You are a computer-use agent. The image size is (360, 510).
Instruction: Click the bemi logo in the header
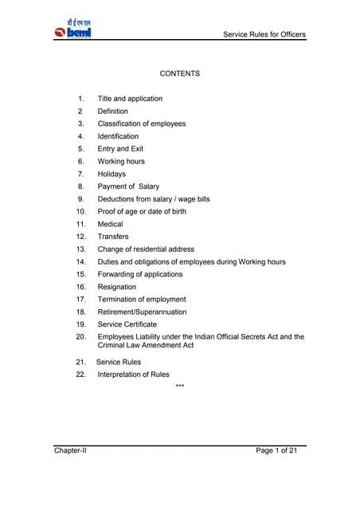(74, 28)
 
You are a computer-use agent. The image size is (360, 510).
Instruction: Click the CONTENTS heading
(179, 73)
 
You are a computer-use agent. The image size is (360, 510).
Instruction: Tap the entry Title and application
(130, 99)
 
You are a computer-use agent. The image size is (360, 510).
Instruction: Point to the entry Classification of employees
(142, 124)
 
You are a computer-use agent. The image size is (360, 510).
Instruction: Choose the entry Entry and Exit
(123, 149)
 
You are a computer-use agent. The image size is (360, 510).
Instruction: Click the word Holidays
(112, 174)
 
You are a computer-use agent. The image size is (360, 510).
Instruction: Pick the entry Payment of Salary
(128, 186)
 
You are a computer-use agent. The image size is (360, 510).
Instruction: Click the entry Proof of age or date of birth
(147, 211)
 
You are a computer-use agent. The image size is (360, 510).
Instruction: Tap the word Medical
(111, 224)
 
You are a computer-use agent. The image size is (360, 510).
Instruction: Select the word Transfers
(113, 237)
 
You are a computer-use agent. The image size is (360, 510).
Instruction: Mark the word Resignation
(117, 287)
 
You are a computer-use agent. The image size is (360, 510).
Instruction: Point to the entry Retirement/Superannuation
(142, 312)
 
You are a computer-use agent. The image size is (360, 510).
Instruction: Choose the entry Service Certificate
(127, 324)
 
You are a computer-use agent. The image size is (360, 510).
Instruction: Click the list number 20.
(80, 337)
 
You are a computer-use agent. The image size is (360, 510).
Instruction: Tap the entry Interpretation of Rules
(133, 375)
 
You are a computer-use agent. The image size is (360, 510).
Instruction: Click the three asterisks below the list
(179, 387)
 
